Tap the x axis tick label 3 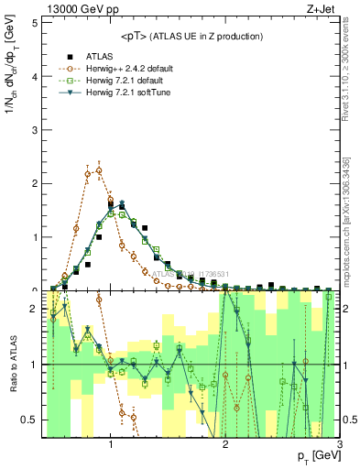339,446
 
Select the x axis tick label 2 225,446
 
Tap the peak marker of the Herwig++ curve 99,169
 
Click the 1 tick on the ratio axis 34,365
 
